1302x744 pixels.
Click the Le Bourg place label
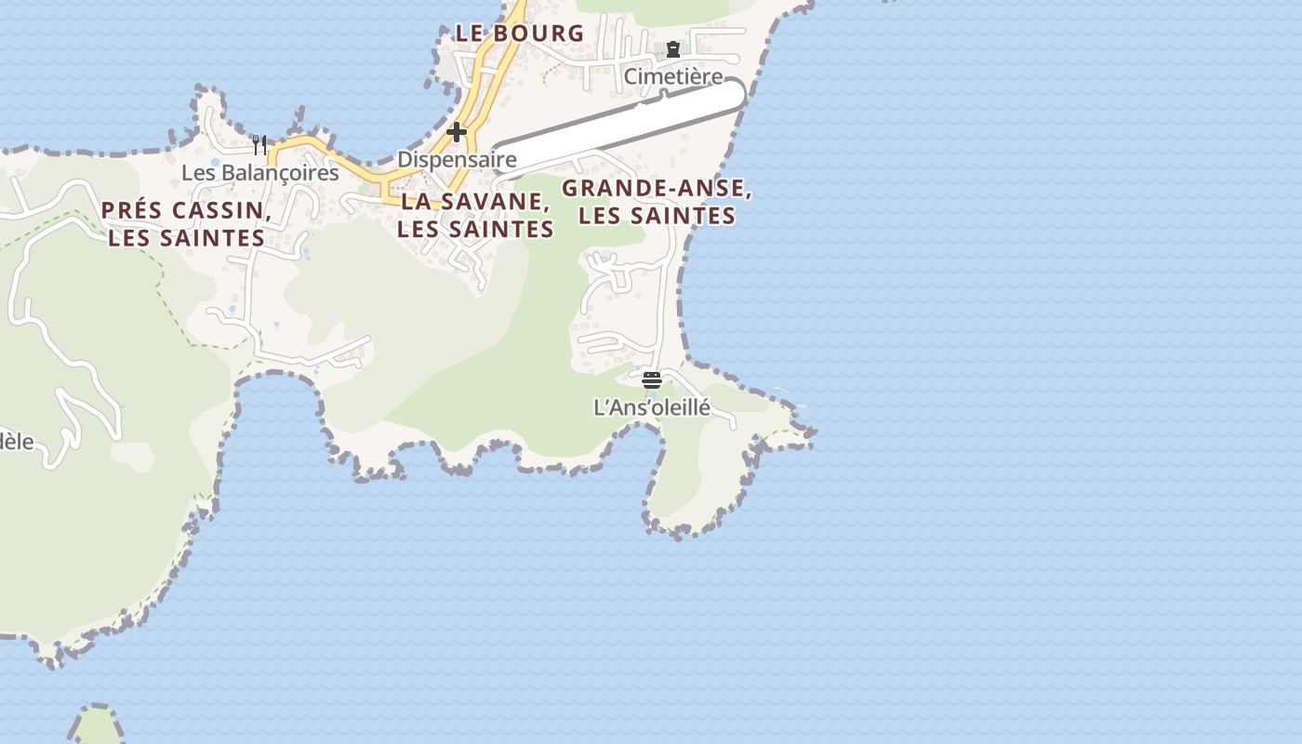click(x=519, y=33)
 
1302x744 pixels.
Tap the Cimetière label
click(x=672, y=76)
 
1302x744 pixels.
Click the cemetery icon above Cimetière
click(x=672, y=49)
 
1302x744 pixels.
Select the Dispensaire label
click(x=457, y=159)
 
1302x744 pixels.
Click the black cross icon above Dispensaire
click(x=456, y=132)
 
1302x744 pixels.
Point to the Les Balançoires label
click(x=259, y=173)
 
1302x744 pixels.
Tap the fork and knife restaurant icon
click(x=259, y=145)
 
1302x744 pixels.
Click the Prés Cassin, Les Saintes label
click(x=186, y=224)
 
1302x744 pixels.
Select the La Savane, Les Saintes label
click(x=475, y=215)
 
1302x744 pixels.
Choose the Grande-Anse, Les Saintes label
click(x=657, y=202)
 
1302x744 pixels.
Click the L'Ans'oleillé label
click(x=651, y=407)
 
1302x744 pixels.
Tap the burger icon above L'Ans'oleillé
click(x=651, y=379)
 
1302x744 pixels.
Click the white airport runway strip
click(x=618, y=127)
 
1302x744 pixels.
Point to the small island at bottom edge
click(x=99, y=725)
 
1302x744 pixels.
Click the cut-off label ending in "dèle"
click(x=16, y=441)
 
